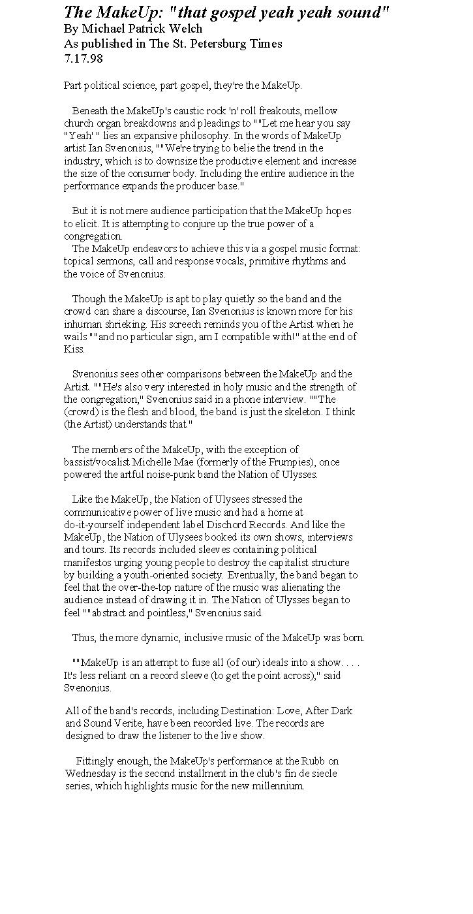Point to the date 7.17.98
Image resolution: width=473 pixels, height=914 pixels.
83,59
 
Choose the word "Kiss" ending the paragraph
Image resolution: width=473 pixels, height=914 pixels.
74,349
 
